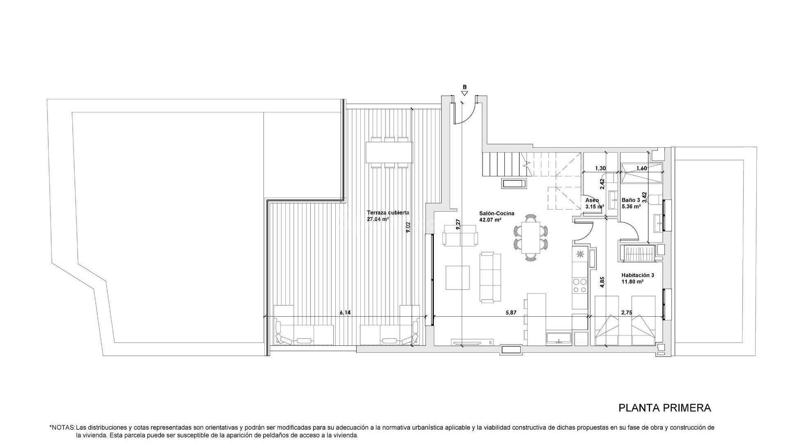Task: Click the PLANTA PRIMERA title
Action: point(664,408)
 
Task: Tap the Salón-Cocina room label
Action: point(497,214)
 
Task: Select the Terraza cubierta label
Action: point(388,213)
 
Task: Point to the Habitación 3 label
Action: point(638,276)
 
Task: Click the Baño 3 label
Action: point(631,200)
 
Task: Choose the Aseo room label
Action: point(592,200)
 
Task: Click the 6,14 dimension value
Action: point(345,313)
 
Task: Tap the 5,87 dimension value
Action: point(511,313)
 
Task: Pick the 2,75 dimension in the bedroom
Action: point(627,313)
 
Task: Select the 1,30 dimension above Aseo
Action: point(600,168)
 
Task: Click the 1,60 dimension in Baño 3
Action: point(641,168)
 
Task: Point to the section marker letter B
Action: point(465,87)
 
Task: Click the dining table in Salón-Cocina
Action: point(531,237)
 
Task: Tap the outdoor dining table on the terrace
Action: point(389,152)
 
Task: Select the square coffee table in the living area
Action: point(458,278)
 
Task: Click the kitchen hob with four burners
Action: point(580,285)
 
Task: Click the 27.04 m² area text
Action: point(378,219)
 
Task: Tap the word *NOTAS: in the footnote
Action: point(62,427)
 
